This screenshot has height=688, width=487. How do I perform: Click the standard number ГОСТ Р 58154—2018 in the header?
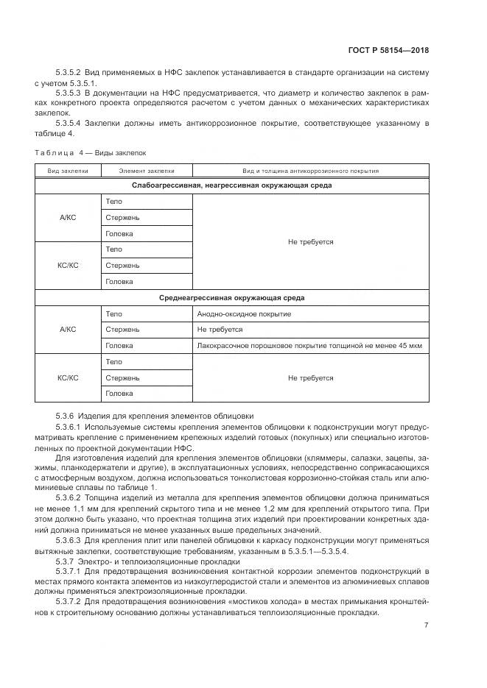tap(388, 51)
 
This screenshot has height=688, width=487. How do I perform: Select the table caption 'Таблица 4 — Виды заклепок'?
tap(91, 152)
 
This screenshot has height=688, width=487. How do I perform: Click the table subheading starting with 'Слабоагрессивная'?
tap(231, 185)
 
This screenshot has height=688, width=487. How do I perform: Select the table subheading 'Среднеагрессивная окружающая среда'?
tap(231, 298)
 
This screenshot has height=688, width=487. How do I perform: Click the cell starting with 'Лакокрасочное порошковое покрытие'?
tap(309, 346)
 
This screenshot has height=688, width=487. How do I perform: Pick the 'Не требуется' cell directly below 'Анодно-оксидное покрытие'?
tap(220, 330)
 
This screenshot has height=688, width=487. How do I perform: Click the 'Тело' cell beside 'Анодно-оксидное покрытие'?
tap(114, 314)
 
